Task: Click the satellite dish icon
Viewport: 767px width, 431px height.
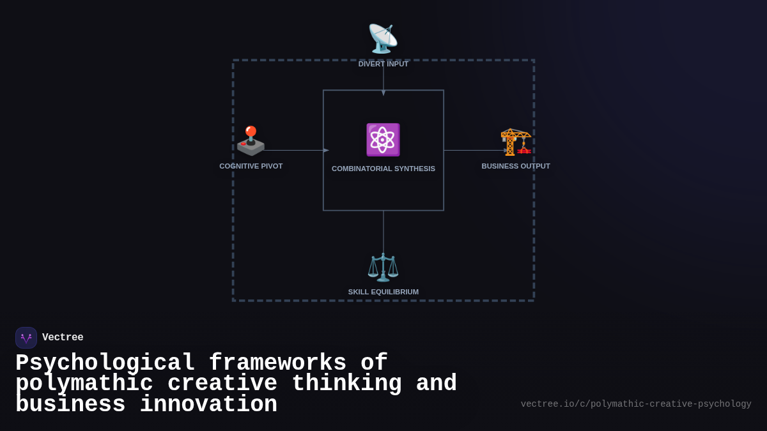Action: click(x=383, y=38)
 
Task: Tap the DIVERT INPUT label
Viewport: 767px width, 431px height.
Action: click(x=383, y=64)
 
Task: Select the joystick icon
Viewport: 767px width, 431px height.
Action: click(x=251, y=141)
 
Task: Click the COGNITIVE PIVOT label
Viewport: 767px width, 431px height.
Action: click(x=251, y=166)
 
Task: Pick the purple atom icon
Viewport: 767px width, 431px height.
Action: click(x=383, y=140)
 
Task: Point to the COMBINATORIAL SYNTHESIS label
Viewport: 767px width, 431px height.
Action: click(x=383, y=169)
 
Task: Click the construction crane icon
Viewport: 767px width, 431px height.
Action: click(x=516, y=141)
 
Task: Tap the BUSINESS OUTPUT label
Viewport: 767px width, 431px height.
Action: click(x=516, y=166)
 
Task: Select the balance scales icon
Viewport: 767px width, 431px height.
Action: click(x=383, y=267)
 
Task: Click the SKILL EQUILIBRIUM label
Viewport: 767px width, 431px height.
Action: click(x=383, y=292)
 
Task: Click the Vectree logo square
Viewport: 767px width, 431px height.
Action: click(x=26, y=338)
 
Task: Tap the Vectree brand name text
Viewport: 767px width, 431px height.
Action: click(x=63, y=338)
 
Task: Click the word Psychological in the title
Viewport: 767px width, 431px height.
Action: click(x=105, y=363)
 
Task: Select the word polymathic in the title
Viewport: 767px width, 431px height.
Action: click(x=84, y=384)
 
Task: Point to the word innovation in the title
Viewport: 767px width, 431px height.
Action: click(x=208, y=405)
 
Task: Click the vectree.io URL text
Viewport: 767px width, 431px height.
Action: click(x=636, y=404)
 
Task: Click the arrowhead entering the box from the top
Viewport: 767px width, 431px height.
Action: click(x=383, y=93)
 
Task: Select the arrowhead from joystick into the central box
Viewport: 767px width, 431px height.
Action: click(x=326, y=151)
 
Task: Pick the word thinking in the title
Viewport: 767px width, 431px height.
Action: click(x=346, y=384)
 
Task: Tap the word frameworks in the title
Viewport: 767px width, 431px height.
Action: click(x=277, y=363)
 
